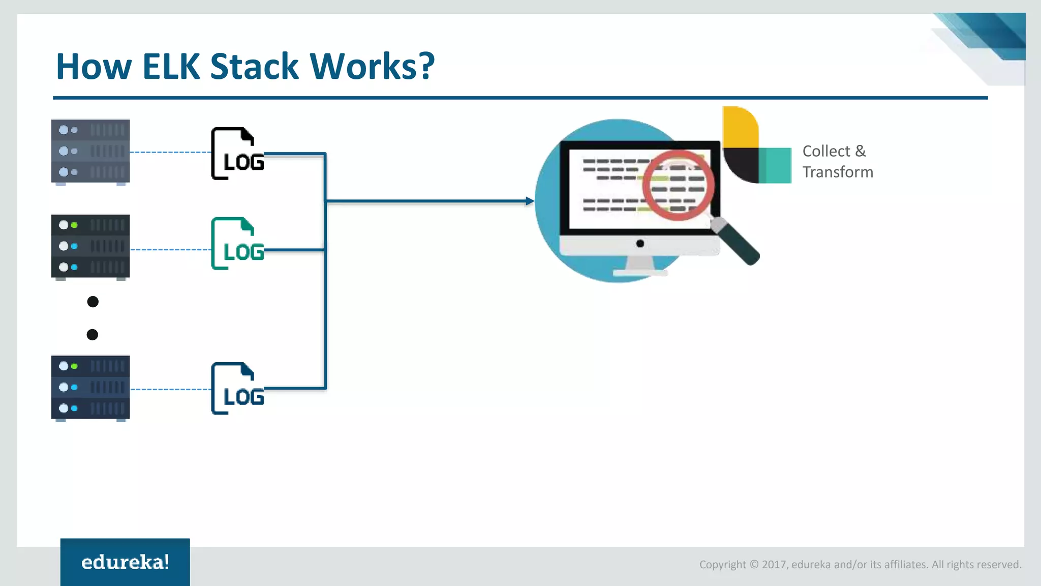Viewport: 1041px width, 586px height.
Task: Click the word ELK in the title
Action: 171,67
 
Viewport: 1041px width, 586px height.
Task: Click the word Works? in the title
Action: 372,67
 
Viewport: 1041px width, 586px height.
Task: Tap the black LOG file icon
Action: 237,154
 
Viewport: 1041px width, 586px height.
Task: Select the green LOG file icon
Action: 237,244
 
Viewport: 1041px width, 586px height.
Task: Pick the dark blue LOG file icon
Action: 237,389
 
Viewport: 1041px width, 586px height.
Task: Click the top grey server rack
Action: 90,151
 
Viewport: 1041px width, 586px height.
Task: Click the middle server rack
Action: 90,246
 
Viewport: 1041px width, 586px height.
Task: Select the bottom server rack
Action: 90,387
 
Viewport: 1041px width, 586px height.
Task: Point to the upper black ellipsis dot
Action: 93,302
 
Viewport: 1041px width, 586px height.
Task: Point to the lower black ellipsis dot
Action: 93,334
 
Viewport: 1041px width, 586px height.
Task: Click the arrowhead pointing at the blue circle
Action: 530,201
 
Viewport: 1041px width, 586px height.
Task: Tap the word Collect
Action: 826,151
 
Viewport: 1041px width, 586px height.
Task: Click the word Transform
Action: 838,172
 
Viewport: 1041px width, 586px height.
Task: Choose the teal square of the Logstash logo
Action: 775,165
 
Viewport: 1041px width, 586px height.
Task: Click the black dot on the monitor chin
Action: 640,244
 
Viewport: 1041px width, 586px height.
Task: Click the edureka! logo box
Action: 125,562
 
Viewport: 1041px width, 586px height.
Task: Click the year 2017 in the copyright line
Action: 774,565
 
